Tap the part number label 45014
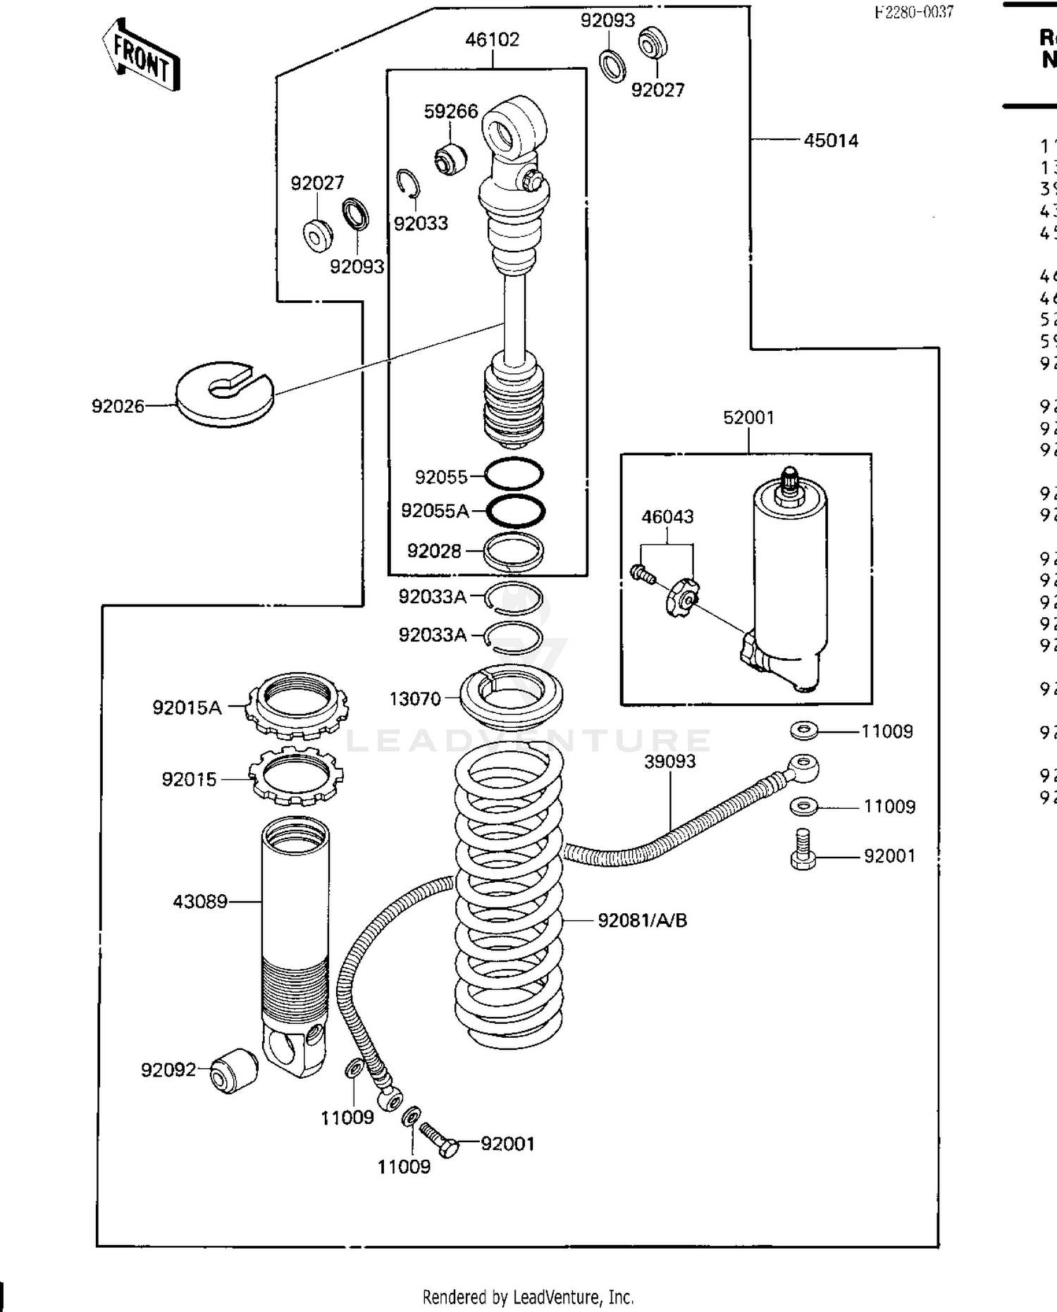coord(831,141)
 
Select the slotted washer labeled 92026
coord(224,394)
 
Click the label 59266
coord(450,111)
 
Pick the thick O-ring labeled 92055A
coord(515,511)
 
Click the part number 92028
coord(433,551)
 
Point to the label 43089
coord(200,901)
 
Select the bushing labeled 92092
coord(234,1070)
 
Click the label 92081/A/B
coord(642,920)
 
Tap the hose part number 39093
coord(669,762)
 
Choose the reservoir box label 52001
coord(748,418)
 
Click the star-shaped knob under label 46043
coord(680,598)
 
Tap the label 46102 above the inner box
coord(492,39)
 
